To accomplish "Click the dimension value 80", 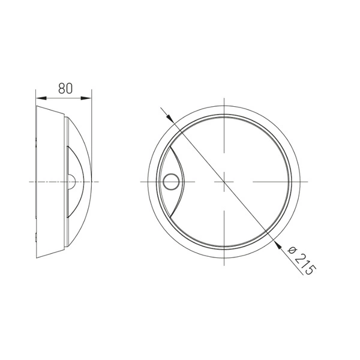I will pyautogui.click(x=65, y=88).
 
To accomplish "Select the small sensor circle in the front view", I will pyautogui.click(x=172, y=181).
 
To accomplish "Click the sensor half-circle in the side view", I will pyautogui.click(x=73, y=181).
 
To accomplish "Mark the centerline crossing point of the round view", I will pyautogui.click(x=223, y=181).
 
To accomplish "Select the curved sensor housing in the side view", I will pyautogui.click(x=76, y=180).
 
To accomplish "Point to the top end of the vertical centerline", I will pyautogui.click(x=223, y=97).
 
